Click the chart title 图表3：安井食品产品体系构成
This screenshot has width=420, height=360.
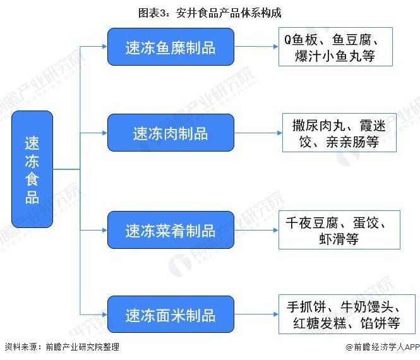click(x=210, y=13)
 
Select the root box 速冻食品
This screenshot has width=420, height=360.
click(x=32, y=169)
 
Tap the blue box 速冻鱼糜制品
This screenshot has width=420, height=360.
click(x=171, y=47)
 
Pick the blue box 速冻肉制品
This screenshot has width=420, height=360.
click(x=171, y=133)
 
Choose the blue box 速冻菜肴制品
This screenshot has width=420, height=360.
click(x=171, y=230)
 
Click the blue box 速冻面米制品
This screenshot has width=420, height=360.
click(x=171, y=314)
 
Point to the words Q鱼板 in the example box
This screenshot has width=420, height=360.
click(x=301, y=40)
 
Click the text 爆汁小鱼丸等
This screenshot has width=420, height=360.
click(x=335, y=56)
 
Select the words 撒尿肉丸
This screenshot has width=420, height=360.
click(x=319, y=125)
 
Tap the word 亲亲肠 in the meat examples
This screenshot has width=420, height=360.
click(x=346, y=141)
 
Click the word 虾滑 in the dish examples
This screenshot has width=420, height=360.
click(x=332, y=239)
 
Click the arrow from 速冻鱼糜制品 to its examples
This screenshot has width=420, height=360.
click(x=256, y=47)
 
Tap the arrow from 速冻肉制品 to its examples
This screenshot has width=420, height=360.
click(x=258, y=133)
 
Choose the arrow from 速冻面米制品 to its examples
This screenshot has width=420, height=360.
click(x=256, y=314)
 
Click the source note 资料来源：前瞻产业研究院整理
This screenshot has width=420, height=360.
click(x=62, y=347)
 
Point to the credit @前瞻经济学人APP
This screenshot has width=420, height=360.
click(x=383, y=347)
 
